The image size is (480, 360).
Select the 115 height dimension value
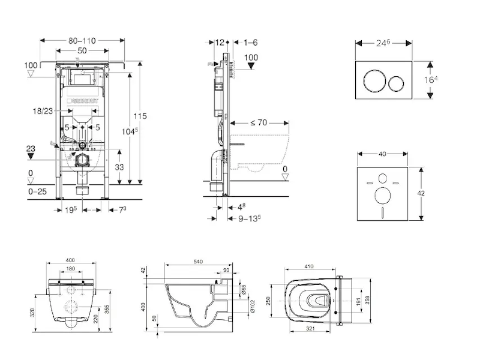140,116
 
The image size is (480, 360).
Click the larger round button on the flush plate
372,82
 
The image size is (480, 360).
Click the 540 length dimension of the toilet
199,262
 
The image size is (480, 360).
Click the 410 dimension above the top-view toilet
310,266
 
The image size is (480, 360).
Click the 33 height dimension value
119,167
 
